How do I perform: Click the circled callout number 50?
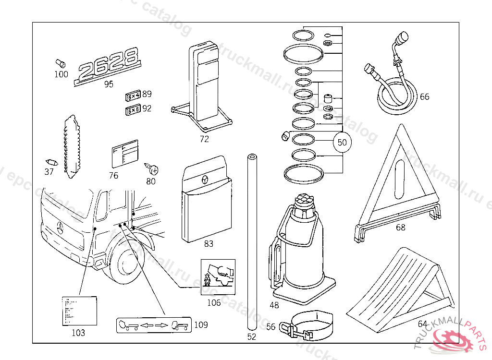click(x=342, y=142)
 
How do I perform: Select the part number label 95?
click(x=109, y=84)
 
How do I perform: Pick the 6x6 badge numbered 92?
click(x=133, y=111)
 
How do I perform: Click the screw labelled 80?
click(x=153, y=169)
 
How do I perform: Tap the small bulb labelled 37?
click(x=51, y=161)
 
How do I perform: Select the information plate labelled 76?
click(x=124, y=154)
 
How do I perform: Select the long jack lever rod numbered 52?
click(x=251, y=240)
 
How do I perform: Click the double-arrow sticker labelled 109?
click(x=153, y=325)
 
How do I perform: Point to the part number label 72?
click(x=204, y=140)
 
